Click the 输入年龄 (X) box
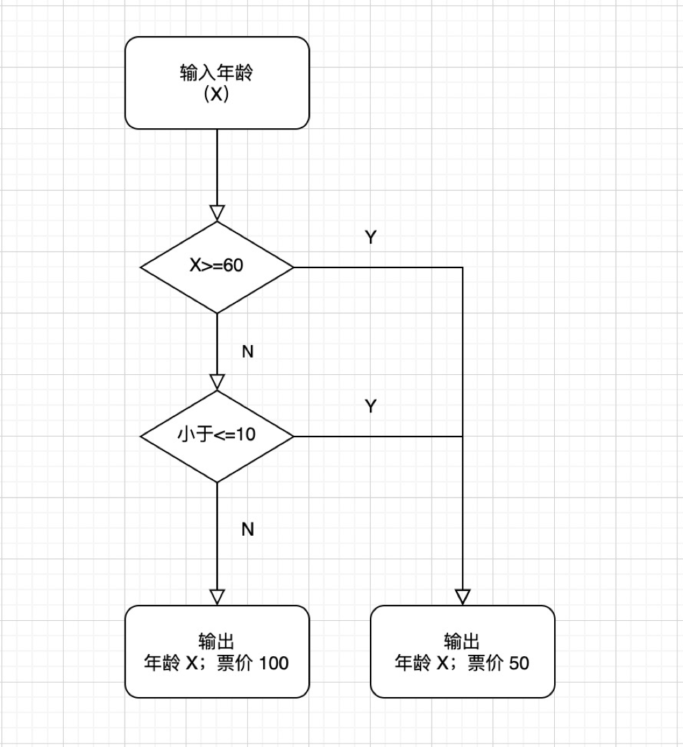217,82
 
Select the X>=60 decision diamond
217,267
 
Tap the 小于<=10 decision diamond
217,437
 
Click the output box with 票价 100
217,651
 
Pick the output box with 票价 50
462,651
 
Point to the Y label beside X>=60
371,238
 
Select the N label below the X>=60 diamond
247,352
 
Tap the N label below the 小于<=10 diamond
247,529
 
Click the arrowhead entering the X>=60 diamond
217,213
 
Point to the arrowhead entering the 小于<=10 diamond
217,382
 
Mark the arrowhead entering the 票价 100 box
217,597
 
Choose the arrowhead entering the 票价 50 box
463,597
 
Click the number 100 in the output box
274,663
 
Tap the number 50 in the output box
519,663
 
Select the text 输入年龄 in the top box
216,73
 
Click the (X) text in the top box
216,95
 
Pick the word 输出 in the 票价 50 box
462,641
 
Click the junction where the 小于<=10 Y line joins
463,437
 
